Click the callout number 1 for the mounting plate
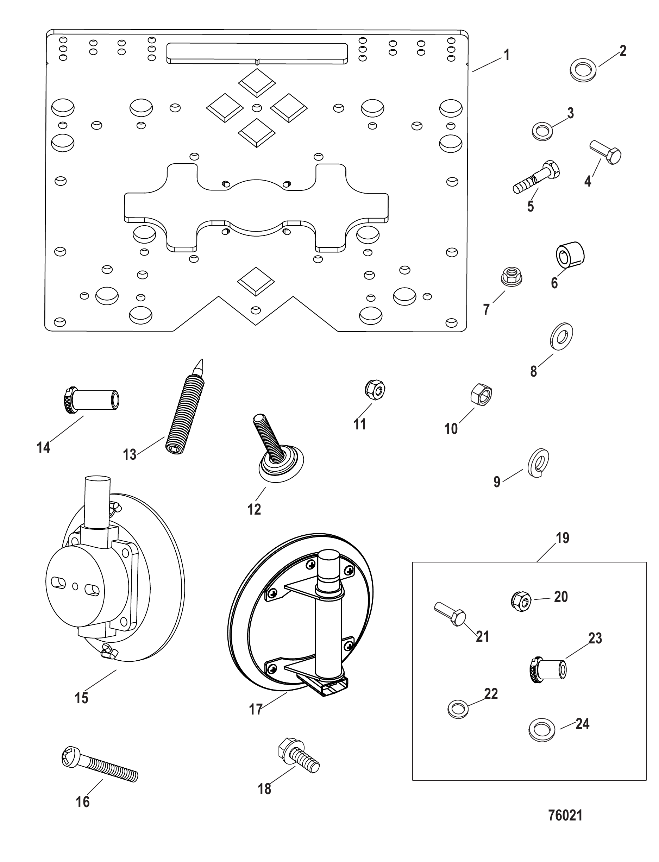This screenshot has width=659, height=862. (x=507, y=55)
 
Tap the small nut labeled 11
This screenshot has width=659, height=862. (x=375, y=389)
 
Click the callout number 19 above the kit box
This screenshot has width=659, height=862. (x=563, y=538)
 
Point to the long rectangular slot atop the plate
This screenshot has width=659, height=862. (x=257, y=53)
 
